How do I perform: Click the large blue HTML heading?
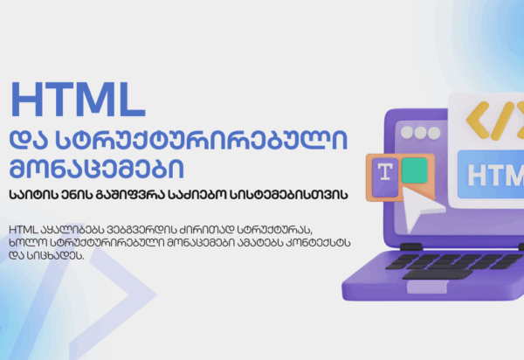(78, 100)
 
